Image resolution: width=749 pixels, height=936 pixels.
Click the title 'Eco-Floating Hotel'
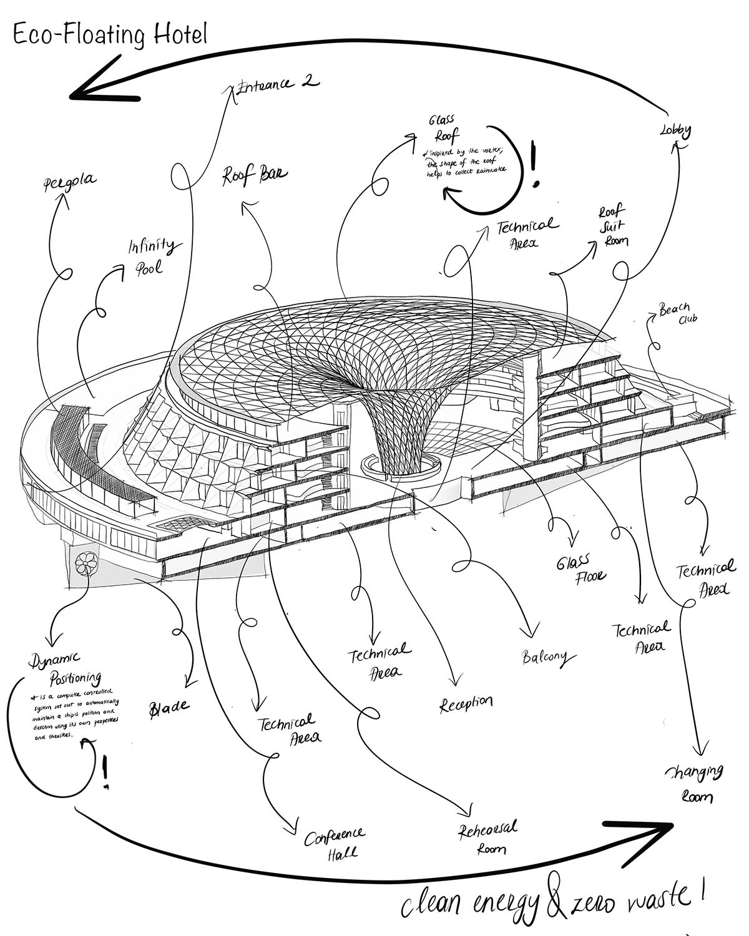[x=109, y=34]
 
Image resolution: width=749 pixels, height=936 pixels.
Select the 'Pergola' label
[x=70, y=182]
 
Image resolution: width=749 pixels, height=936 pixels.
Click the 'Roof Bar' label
[x=255, y=175]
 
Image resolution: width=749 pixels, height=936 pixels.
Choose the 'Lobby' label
[x=676, y=131]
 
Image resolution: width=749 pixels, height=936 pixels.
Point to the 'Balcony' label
[x=545, y=656]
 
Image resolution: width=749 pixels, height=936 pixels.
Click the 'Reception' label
[x=466, y=704]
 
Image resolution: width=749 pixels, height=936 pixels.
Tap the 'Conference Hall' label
[x=335, y=844]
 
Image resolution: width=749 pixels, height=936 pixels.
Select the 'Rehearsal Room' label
[x=488, y=838]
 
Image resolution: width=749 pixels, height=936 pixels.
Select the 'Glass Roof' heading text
[x=442, y=128]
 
